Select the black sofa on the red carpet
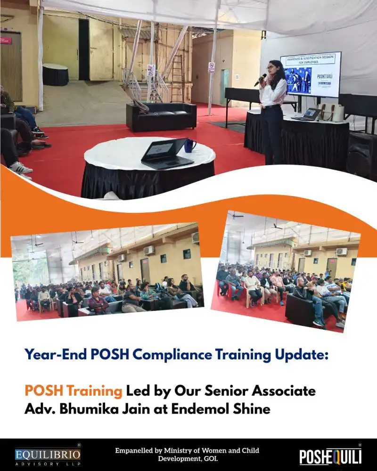point(161,116)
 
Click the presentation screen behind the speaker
point(311,74)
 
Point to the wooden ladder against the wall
point(177,78)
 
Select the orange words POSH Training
point(73,391)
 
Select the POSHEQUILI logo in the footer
point(330,456)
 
